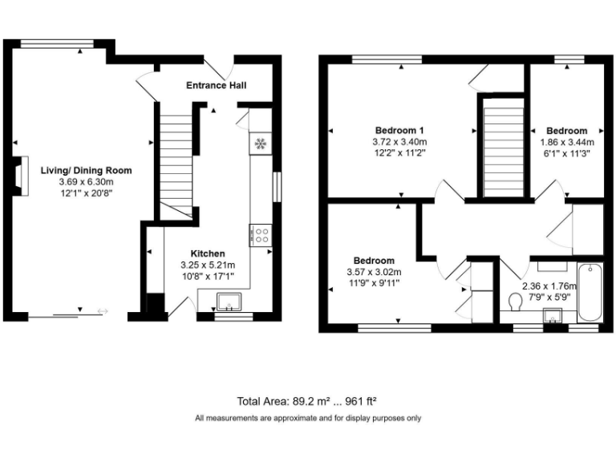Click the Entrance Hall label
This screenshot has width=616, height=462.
(216, 85)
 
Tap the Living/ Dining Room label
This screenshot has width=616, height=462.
(86, 170)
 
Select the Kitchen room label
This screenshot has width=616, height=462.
(208, 253)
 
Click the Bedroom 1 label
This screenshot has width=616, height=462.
(400, 131)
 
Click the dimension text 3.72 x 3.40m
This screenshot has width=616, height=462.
(400, 142)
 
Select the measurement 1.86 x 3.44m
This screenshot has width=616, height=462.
(566, 142)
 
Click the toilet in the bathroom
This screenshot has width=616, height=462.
(517, 302)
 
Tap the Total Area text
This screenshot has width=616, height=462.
(307, 401)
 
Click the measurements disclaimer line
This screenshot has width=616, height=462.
(307, 418)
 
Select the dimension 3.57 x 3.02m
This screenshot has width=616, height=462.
(375, 272)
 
